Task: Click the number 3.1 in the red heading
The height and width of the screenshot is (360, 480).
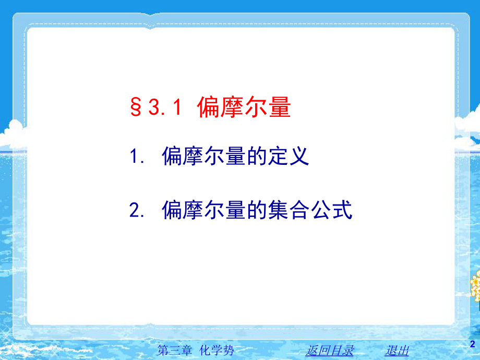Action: (x=164, y=108)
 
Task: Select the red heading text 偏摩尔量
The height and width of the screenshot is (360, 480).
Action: (x=244, y=108)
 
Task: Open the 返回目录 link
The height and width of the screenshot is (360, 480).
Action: (x=330, y=350)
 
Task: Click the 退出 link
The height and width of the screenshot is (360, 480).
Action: (x=397, y=350)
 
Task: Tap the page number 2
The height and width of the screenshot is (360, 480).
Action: (x=472, y=343)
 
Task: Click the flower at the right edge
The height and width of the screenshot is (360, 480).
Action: (x=475, y=284)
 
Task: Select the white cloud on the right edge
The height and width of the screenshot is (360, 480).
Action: (x=468, y=125)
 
